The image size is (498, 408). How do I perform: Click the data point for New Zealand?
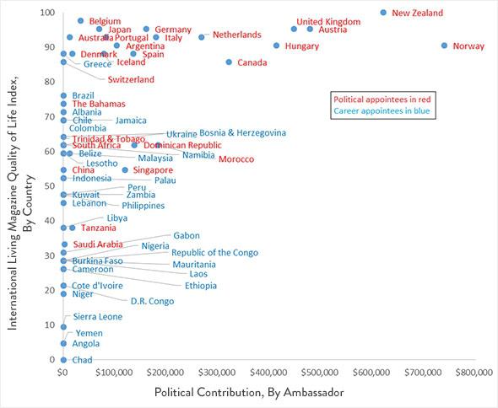pyautogui.click(x=383, y=13)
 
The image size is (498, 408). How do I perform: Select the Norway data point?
pyautogui.click(x=445, y=46)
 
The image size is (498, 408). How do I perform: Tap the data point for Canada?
pyautogui.click(x=229, y=62)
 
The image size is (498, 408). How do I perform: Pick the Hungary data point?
pyautogui.click(x=276, y=46)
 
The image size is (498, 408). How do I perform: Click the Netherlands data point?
pyautogui.click(x=202, y=37)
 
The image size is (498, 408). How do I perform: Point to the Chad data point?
pyautogui.click(x=63, y=360)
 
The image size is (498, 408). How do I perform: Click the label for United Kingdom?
pyautogui.click(x=328, y=21)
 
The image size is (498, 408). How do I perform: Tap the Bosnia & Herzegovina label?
pyautogui.click(x=243, y=132)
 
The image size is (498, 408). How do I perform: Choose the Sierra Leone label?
pyautogui.click(x=98, y=317)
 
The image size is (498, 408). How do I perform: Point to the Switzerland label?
pyautogui.click(x=131, y=79)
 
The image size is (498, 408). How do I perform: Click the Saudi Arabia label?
pyautogui.click(x=98, y=244)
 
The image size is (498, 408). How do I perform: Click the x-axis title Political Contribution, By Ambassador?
pyautogui.click(x=249, y=394)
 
